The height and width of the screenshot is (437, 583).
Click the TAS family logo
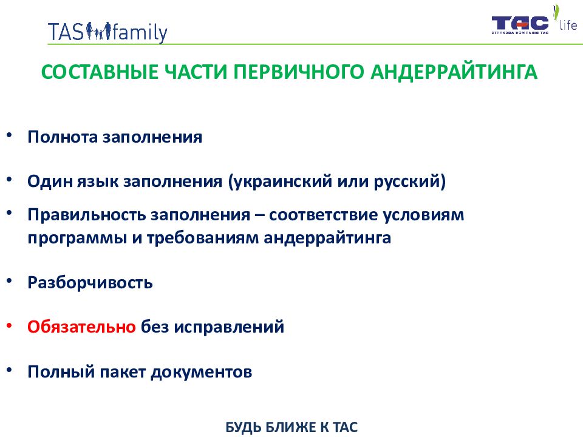(x=107, y=32)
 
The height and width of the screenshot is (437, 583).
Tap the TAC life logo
(x=534, y=20)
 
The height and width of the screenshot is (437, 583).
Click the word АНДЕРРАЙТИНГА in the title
(x=454, y=72)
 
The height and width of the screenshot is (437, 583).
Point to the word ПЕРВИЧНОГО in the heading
(x=298, y=72)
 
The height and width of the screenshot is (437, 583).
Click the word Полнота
(x=63, y=137)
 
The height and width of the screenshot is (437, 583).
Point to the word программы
(x=77, y=238)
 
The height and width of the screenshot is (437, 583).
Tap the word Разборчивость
(x=90, y=283)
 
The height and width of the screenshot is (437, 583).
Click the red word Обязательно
(x=81, y=327)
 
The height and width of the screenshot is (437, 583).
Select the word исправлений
(x=229, y=327)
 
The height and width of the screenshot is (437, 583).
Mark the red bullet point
(x=9, y=326)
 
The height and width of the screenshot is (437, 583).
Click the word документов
(x=201, y=372)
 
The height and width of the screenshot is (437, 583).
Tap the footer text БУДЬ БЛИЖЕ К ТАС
(x=291, y=427)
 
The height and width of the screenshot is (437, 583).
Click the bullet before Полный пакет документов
(x=9, y=370)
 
